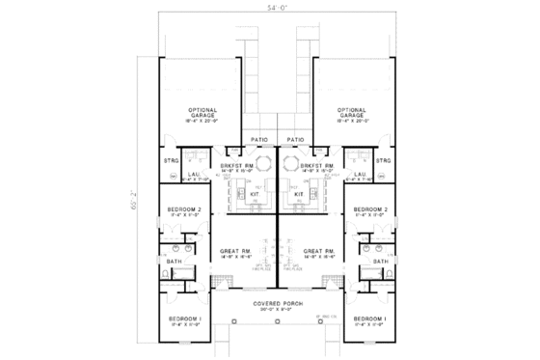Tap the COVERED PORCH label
tap(279, 303)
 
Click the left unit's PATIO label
tap(259, 139)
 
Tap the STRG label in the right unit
tap(383, 160)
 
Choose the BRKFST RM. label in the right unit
tap(317, 166)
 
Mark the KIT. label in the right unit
tap(300, 194)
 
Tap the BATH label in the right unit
tap(381, 261)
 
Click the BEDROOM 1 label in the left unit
tap(182, 318)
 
